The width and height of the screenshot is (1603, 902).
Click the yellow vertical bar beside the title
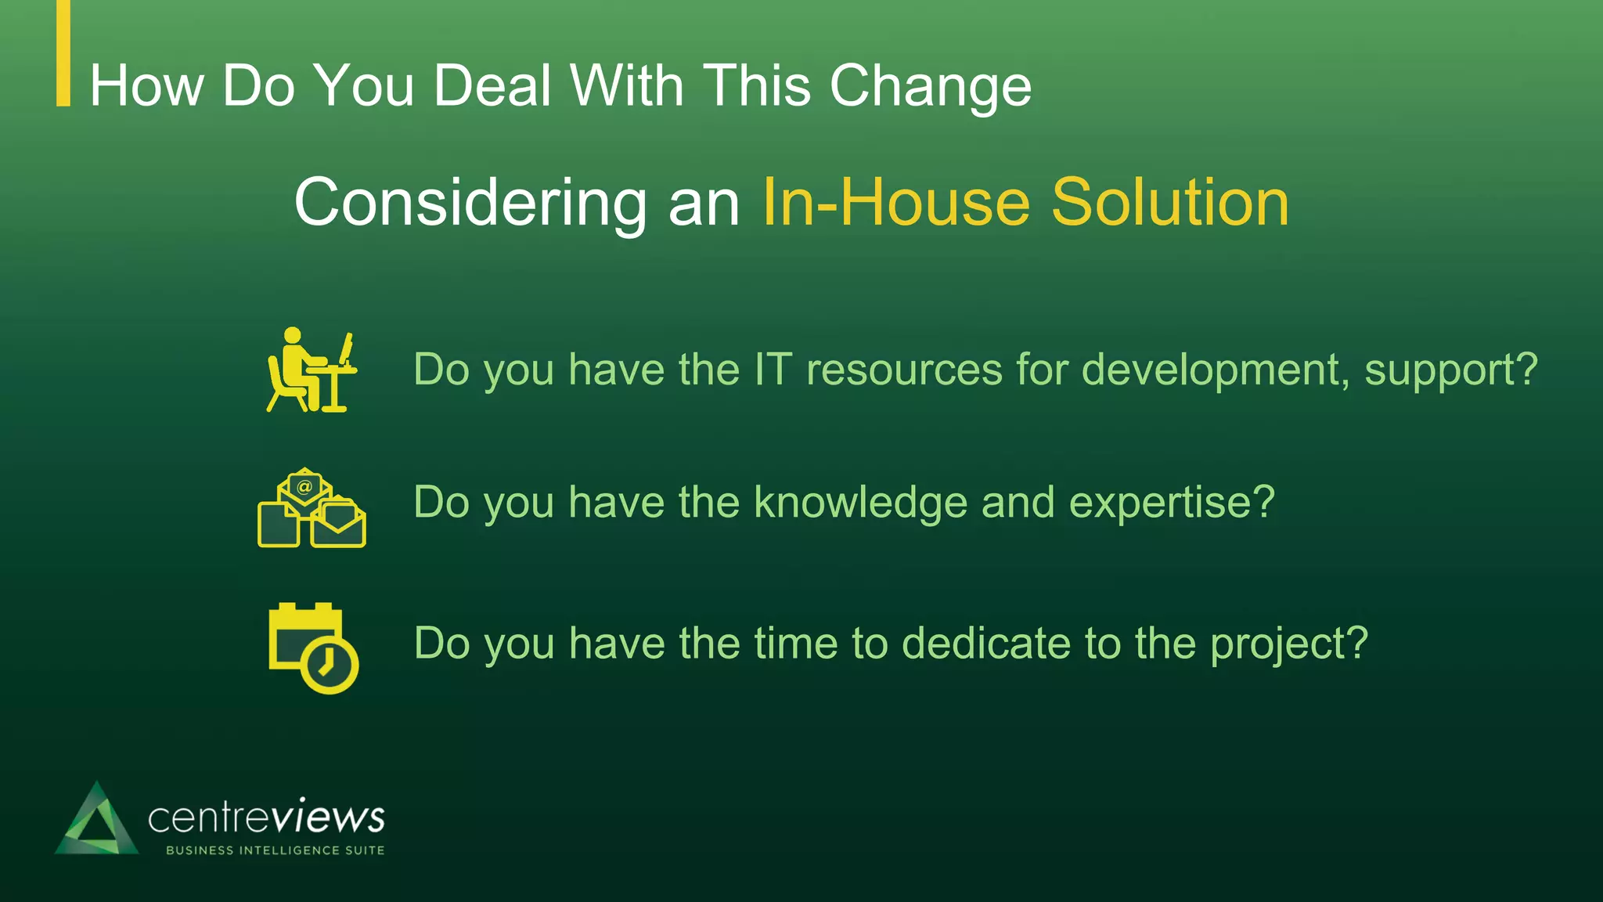63,52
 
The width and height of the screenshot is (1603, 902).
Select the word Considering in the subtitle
470,203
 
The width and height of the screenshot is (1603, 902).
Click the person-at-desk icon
311,370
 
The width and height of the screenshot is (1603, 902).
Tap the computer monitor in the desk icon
346,348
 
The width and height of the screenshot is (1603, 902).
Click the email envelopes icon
312,508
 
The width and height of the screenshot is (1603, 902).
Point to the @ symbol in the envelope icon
304,486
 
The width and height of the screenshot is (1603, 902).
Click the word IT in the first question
773,370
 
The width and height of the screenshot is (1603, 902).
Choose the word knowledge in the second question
860,502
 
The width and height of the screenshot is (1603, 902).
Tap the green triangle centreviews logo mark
96,821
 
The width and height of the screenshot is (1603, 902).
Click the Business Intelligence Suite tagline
275,850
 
